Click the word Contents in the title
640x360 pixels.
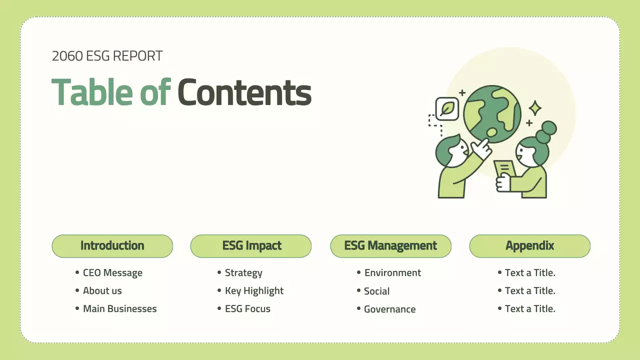pyautogui.click(x=244, y=92)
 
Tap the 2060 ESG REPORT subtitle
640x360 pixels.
pyautogui.click(x=107, y=56)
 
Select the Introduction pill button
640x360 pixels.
pyautogui.click(x=112, y=246)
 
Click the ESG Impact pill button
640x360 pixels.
pyautogui.click(x=251, y=246)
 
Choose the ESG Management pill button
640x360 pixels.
pyautogui.click(x=391, y=246)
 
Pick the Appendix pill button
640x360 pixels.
pyautogui.click(x=529, y=246)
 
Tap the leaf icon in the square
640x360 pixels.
pyautogui.click(x=447, y=109)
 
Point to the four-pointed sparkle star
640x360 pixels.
pyautogui.click(x=535, y=108)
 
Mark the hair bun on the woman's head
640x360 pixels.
pyautogui.click(x=546, y=132)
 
